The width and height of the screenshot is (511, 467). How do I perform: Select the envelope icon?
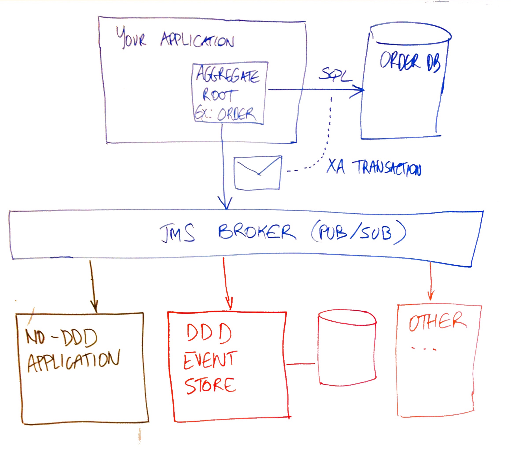coord(257,173)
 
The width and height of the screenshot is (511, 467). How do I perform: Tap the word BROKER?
coord(257,232)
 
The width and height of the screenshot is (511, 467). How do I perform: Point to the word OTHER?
coord(437,321)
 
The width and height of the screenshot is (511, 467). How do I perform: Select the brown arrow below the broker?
coord(93,286)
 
